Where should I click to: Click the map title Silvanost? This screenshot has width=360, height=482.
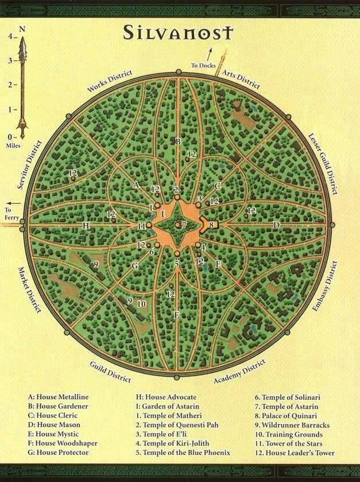(x=179, y=33)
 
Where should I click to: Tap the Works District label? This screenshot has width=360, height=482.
(x=110, y=80)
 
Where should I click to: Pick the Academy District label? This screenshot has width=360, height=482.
(x=239, y=372)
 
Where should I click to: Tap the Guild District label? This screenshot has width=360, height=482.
(x=110, y=372)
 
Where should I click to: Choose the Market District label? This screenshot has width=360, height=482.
(x=30, y=290)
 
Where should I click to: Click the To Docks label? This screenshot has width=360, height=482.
(x=203, y=65)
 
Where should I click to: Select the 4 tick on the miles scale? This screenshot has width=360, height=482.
(x=10, y=36)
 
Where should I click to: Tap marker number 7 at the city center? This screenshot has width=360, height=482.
(x=184, y=225)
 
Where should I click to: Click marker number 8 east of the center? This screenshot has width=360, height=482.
(x=211, y=225)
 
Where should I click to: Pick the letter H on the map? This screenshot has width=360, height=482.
(x=86, y=226)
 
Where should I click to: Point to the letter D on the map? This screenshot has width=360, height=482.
(x=276, y=225)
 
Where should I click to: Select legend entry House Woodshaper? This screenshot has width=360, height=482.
(x=63, y=444)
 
